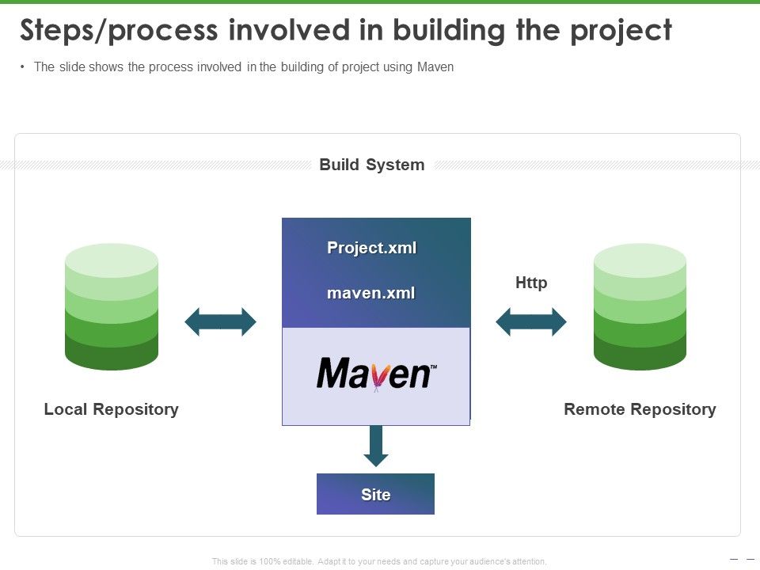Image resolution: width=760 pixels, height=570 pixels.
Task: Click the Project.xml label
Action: [371, 248]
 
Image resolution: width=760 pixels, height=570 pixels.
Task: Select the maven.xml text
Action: [371, 293]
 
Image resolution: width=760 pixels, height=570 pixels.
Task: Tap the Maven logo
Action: [376, 373]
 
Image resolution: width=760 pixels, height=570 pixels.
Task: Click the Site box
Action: [375, 494]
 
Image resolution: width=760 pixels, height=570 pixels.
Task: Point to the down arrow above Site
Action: [376, 446]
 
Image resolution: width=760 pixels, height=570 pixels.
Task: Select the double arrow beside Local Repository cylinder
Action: [220, 322]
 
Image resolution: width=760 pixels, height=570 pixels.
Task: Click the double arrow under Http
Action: [531, 322]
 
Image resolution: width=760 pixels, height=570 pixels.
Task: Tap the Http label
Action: [531, 283]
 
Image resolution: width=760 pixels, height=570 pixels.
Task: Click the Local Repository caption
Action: [112, 409]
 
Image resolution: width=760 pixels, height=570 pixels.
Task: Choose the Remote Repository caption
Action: [640, 409]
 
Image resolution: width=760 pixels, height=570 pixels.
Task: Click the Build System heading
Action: [371, 165]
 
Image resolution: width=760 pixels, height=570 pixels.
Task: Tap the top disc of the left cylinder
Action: [112, 260]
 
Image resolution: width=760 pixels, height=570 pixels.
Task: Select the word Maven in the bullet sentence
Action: [435, 67]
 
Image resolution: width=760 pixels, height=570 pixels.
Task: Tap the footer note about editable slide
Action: [379, 561]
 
